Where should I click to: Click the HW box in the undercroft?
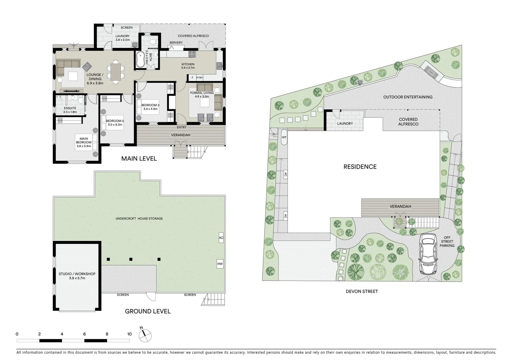220,264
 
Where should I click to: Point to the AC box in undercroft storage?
221,238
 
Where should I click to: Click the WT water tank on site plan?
284,137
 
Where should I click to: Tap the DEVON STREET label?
362,292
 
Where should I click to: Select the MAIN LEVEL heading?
139,159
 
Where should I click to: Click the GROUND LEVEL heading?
148,311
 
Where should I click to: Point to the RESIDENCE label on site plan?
360,167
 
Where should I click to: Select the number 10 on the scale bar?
130,334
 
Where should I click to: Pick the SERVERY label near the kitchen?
176,43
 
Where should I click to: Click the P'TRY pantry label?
200,78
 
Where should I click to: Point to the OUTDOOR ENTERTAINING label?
408,97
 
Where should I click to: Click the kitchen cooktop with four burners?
193,54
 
